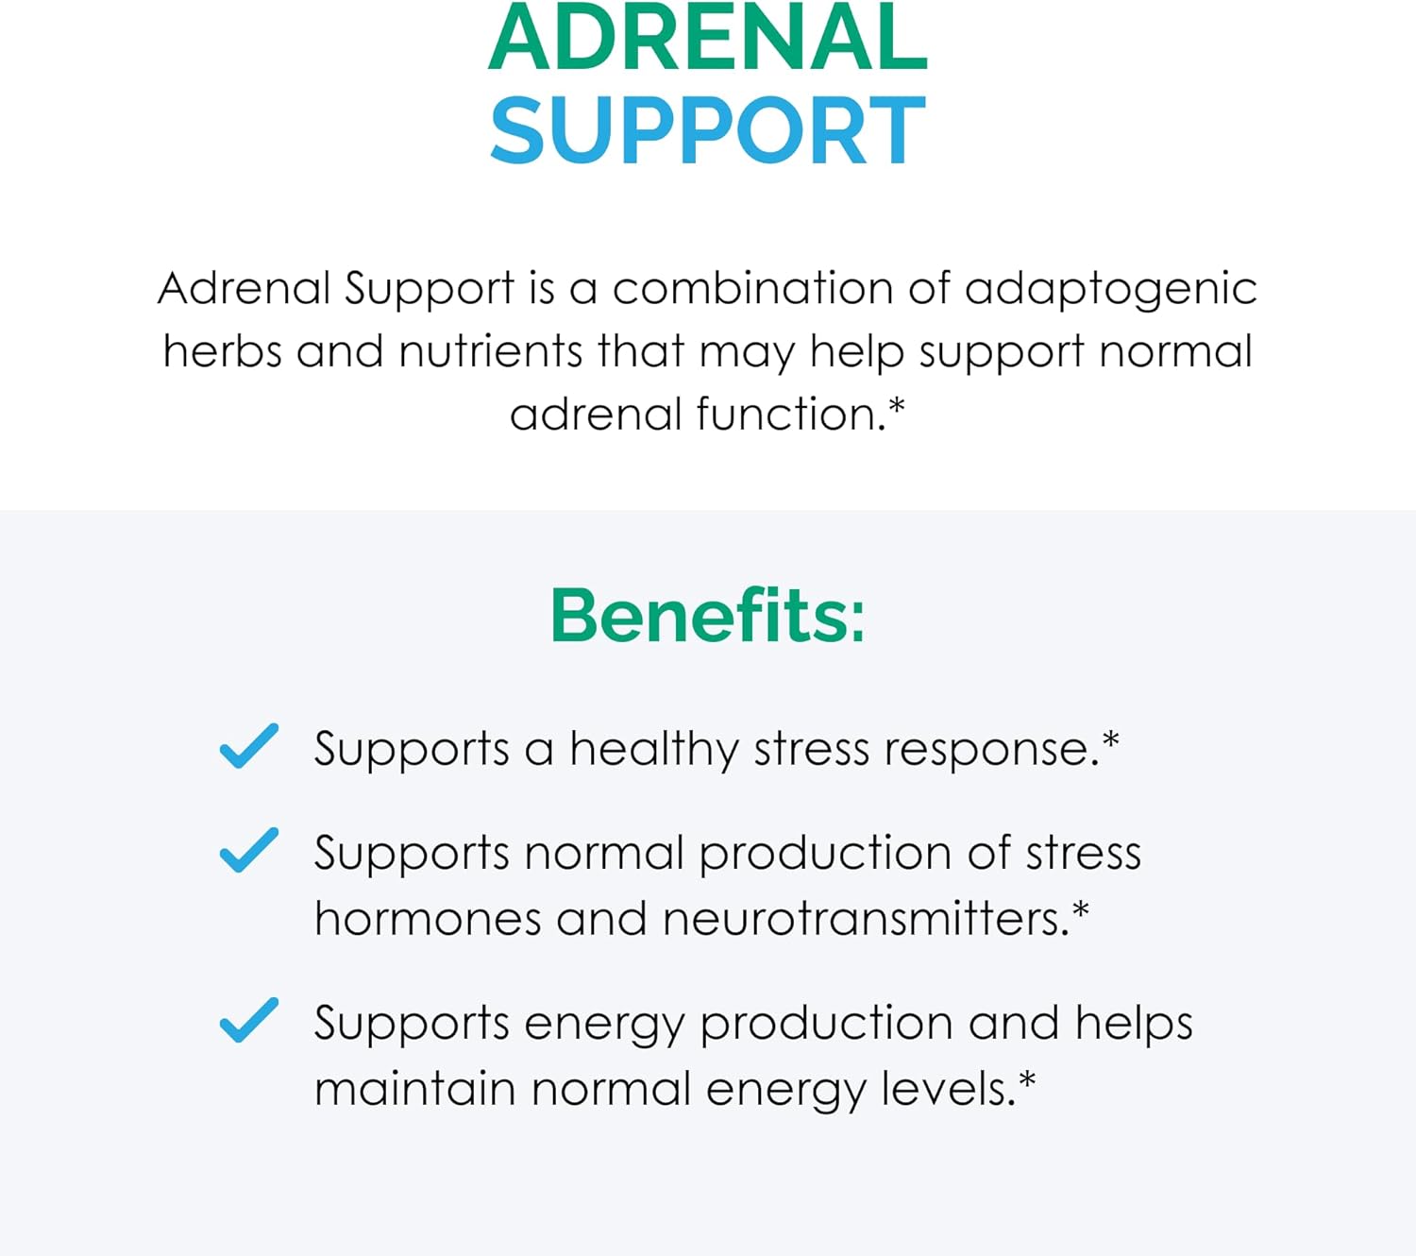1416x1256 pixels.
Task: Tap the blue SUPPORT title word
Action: tap(708, 130)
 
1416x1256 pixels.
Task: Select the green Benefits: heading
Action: tap(708, 616)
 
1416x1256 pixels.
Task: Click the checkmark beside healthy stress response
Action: tap(248, 746)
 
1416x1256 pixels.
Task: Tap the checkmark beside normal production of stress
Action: tap(248, 850)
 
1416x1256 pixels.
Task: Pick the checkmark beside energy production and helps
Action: tap(248, 1020)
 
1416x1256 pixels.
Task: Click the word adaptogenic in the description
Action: tap(1111, 289)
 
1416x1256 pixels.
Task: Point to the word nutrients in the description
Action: tap(491, 351)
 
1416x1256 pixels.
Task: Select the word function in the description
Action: tap(785, 414)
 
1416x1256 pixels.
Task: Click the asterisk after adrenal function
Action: tap(897, 406)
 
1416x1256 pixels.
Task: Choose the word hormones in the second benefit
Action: tap(428, 918)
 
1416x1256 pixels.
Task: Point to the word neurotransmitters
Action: tap(864, 918)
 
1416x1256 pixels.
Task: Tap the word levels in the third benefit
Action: tap(947, 1088)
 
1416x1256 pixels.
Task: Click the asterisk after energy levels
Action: tap(1027, 1080)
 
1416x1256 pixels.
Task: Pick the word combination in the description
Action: tap(752, 289)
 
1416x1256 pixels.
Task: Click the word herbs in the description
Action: tap(223, 351)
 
